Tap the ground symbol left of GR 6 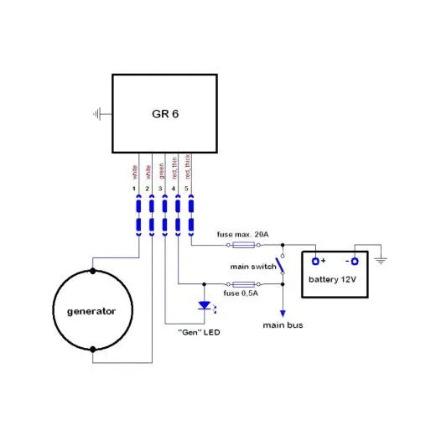[x=99, y=113]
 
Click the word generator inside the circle [x=91, y=311]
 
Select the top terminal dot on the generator [x=91, y=272]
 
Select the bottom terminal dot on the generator [x=91, y=348]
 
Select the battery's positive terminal [x=316, y=259]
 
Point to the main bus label [x=283, y=324]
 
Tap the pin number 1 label [x=136, y=189]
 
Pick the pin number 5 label [x=190, y=189]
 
